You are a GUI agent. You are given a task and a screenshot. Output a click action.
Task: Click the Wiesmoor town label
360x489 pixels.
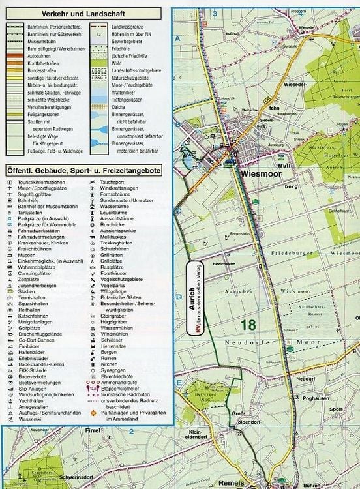(262, 174)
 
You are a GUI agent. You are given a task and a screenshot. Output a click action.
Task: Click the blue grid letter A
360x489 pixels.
(177, 38)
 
